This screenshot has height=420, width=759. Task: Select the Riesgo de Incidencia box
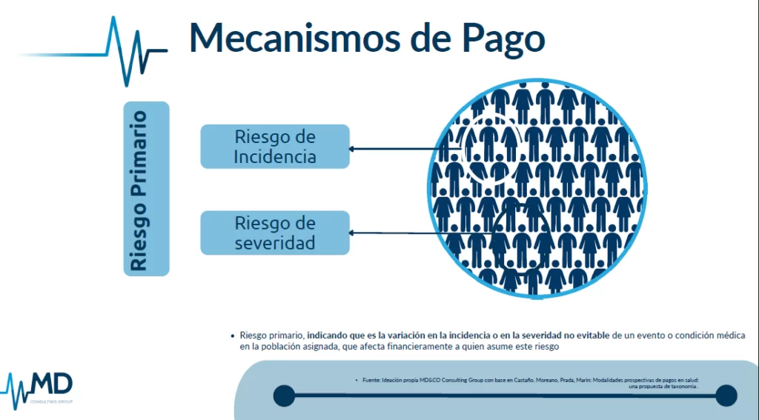[x=275, y=147]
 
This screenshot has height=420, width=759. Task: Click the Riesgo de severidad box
[x=275, y=233]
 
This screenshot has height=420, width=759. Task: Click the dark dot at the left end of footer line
[x=284, y=396]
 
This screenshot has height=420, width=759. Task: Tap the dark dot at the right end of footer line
[x=726, y=396]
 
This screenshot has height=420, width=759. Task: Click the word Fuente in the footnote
[x=371, y=381]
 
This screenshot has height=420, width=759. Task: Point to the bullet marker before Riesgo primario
[x=233, y=336]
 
